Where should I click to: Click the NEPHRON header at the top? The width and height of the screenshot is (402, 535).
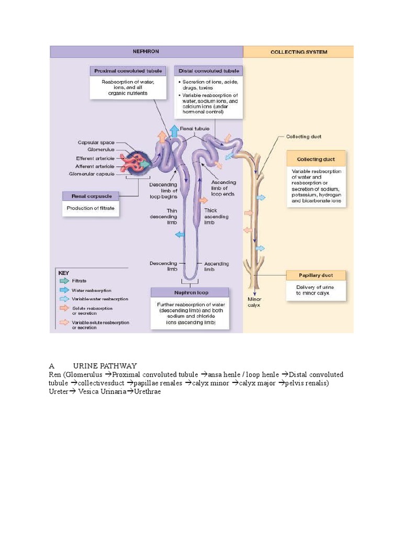point(147,52)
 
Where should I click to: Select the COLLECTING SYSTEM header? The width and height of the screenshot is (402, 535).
point(298,52)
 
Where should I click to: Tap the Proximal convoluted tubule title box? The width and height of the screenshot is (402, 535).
point(128,71)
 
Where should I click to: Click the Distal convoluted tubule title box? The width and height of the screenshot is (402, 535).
point(208,71)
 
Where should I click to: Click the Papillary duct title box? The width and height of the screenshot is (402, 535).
point(315,275)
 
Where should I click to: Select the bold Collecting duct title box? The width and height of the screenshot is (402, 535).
point(316,159)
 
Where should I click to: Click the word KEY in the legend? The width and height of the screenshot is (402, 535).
point(63,273)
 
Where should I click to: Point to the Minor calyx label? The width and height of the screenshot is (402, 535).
point(254,302)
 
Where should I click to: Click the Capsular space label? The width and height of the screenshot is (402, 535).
point(96,142)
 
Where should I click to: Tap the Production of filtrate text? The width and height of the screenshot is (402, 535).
point(91,208)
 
